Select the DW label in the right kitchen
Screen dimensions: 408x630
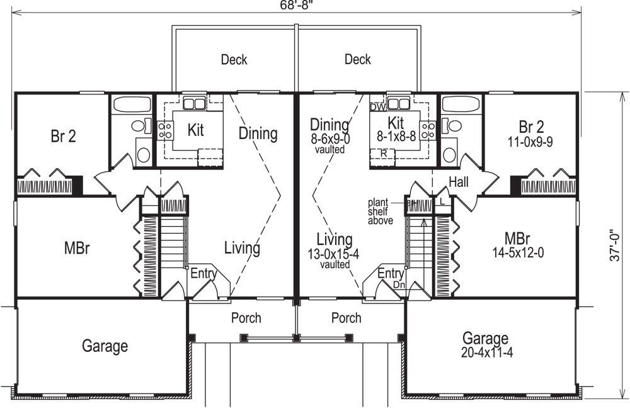pyautogui.click(x=377, y=107)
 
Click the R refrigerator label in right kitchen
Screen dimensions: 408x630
pyautogui.click(x=383, y=153)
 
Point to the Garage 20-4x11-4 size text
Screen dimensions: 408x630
pyautogui.click(x=487, y=353)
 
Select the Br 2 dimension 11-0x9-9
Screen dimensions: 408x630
pyautogui.click(x=531, y=142)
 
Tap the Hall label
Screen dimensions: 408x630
pyautogui.click(x=458, y=182)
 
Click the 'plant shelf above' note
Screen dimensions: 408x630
pyautogui.click(x=382, y=212)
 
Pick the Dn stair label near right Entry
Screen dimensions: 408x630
pyautogui.click(x=398, y=285)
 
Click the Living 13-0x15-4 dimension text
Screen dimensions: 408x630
pyautogui.click(x=334, y=256)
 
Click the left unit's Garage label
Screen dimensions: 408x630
pyautogui.click(x=105, y=346)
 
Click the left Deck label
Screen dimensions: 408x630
pyautogui.click(x=234, y=60)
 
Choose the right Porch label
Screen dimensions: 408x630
pyautogui.click(x=346, y=318)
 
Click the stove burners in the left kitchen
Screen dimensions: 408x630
pyautogui.click(x=166, y=130)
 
